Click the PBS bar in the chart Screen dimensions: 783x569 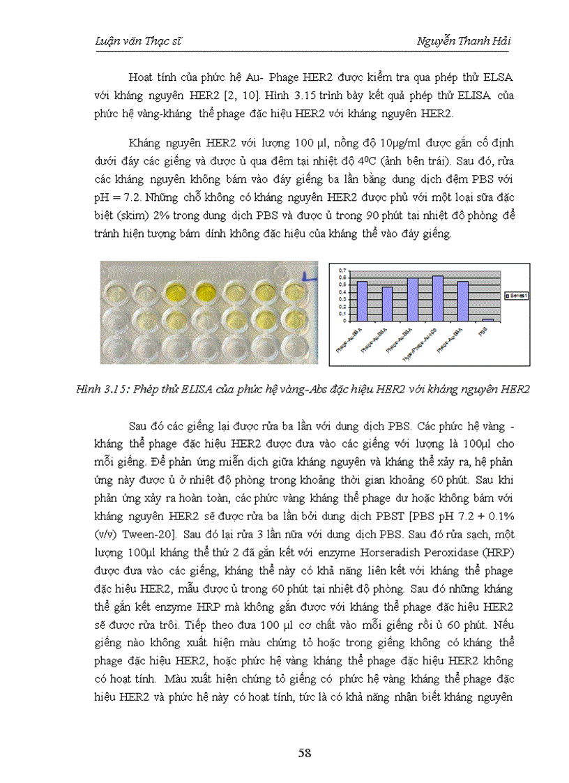pyautogui.click(x=488, y=320)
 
